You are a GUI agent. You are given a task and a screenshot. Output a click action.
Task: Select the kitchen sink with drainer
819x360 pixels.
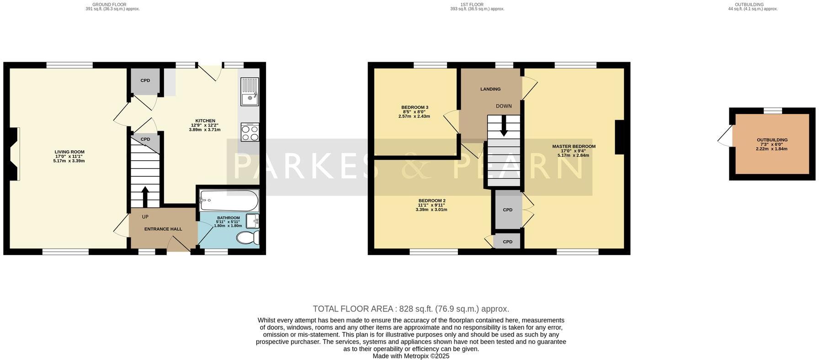(x=250, y=91)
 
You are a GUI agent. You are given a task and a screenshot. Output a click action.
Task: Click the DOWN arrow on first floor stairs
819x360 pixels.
(x=504, y=126)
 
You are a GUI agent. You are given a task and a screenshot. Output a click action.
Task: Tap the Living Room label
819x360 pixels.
(x=69, y=152)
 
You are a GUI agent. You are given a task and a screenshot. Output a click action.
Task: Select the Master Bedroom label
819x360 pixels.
(x=574, y=147)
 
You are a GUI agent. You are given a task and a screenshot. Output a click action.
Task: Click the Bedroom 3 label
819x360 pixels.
(x=415, y=107)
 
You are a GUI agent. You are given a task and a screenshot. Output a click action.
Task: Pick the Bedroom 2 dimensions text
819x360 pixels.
(x=431, y=210)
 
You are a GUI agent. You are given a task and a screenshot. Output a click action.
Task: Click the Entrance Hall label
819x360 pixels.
(x=163, y=229)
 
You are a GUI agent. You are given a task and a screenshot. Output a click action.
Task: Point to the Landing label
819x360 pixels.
(x=490, y=89)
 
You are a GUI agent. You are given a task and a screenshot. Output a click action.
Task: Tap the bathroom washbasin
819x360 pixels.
(x=252, y=221)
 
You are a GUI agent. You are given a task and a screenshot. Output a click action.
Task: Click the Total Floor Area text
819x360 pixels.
(x=410, y=309)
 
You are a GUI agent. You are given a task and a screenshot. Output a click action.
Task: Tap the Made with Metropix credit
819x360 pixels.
(x=411, y=356)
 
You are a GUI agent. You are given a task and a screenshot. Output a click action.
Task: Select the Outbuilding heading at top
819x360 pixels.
(x=752, y=5)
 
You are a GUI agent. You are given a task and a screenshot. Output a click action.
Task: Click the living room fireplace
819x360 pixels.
(x=14, y=154)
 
